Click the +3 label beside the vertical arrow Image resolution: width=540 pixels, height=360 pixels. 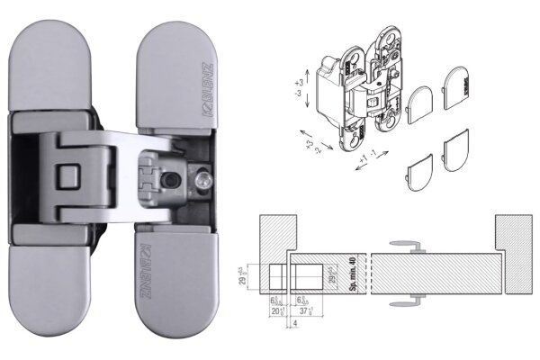click(299, 82)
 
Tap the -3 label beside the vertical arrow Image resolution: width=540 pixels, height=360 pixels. click(299, 94)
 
